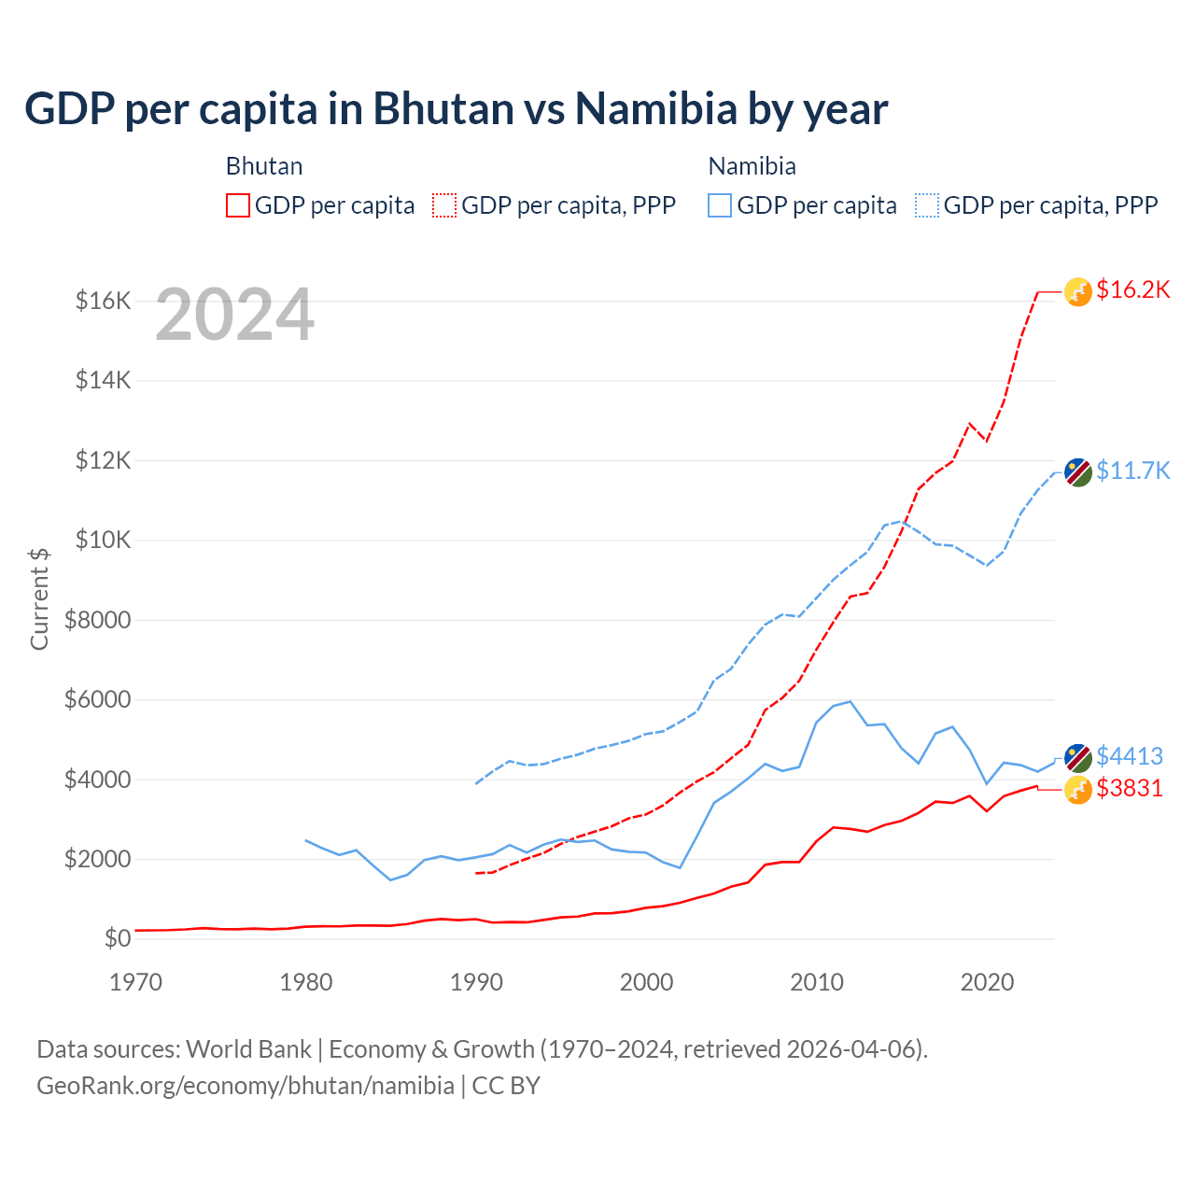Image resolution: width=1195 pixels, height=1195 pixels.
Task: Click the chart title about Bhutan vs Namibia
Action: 456,109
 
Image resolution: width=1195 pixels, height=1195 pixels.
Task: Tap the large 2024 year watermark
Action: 234,316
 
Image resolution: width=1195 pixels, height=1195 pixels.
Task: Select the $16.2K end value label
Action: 1132,289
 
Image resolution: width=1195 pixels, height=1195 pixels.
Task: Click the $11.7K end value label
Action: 1132,471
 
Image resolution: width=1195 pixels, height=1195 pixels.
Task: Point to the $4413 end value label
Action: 1129,755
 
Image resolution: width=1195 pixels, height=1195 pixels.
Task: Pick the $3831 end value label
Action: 1129,788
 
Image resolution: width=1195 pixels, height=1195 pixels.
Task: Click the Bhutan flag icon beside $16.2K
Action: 1078,292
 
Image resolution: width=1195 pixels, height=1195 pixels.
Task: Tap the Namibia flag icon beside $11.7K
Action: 1078,472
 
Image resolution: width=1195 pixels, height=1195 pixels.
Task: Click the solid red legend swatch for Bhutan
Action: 238,205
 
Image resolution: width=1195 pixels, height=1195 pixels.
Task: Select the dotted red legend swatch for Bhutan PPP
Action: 444,205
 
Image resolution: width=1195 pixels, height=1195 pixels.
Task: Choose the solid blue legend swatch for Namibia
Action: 720,205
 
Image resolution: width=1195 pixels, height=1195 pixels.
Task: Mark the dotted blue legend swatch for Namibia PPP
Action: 927,205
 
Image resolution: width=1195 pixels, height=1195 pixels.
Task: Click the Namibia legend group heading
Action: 752,166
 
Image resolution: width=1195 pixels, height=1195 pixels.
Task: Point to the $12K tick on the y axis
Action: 103,460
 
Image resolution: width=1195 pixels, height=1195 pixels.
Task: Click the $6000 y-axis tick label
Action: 97,699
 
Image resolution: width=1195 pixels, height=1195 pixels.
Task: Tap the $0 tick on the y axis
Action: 118,938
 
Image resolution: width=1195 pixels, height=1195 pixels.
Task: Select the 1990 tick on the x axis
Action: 476,982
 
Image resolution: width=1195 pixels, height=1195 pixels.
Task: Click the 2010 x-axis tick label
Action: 817,982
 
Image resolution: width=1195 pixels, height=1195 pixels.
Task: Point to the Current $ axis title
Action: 39,598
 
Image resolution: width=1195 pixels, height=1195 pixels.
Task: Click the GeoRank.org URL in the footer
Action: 246,1086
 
